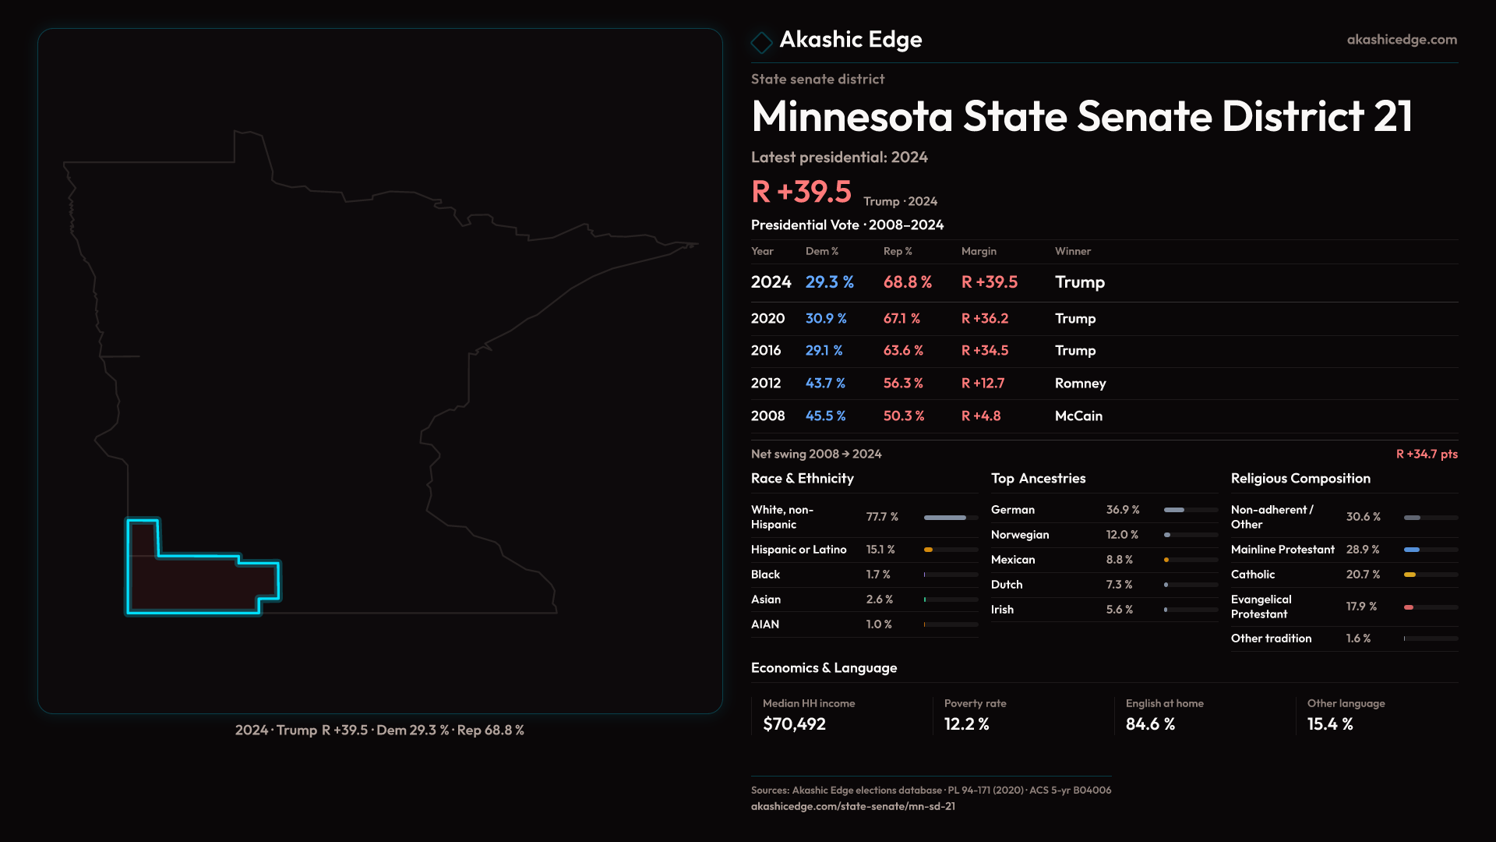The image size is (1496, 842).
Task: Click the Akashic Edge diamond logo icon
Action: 761,41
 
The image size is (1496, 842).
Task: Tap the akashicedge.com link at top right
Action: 1402,40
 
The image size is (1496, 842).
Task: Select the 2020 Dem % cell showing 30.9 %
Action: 826,319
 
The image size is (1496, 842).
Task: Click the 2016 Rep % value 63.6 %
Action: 903,351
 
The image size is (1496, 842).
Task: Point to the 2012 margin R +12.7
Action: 983,384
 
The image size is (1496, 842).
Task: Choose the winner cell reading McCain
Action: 1078,416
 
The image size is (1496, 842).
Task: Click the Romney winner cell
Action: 1080,384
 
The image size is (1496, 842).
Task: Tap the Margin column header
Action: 979,251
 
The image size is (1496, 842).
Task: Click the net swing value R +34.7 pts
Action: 1426,454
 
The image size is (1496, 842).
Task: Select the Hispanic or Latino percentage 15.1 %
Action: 880,550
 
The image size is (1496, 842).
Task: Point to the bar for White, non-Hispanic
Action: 945,518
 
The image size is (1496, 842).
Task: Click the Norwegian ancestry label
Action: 1020,535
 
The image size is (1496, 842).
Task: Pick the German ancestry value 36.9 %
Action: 1123,510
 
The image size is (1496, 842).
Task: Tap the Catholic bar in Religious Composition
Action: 1410,575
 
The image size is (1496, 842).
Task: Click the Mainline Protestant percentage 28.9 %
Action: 1363,550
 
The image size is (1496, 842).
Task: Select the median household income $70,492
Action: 794,724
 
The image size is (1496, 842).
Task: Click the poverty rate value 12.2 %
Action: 966,724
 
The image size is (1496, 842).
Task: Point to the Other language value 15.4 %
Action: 1330,724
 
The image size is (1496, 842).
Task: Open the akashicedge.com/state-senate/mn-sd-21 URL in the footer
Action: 852,806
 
